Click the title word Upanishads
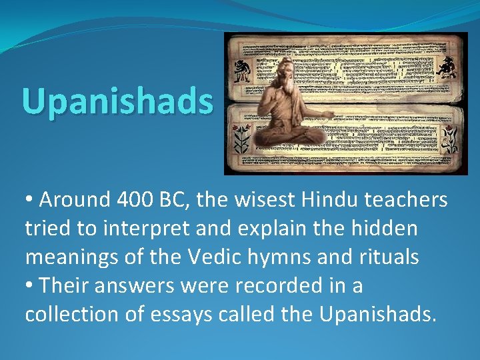pos(117,101)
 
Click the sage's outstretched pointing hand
pos(329,115)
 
